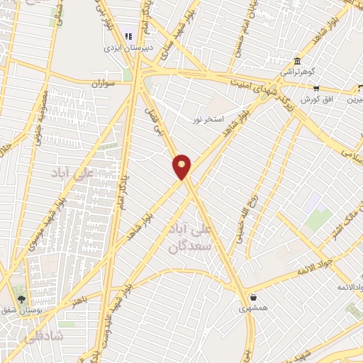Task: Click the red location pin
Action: click(x=182, y=166)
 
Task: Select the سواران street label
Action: click(x=102, y=83)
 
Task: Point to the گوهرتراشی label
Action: click(x=296, y=72)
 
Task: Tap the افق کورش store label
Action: click(x=315, y=100)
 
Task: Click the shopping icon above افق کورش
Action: click(x=316, y=89)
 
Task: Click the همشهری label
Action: click(x=253, y=308)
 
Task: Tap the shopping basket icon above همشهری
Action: click(x=253, y=296)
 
